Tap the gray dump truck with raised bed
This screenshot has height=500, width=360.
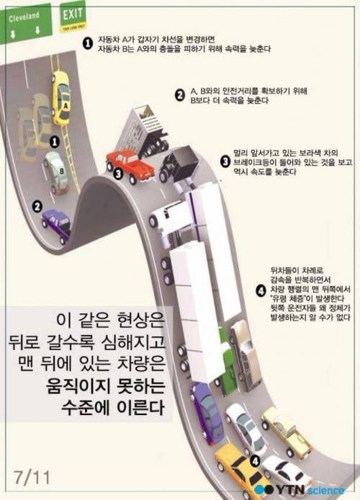click(147, 130)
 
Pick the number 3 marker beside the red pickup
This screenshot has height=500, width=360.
click(116, 172)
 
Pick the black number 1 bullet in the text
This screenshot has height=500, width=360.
click(87, 43)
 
